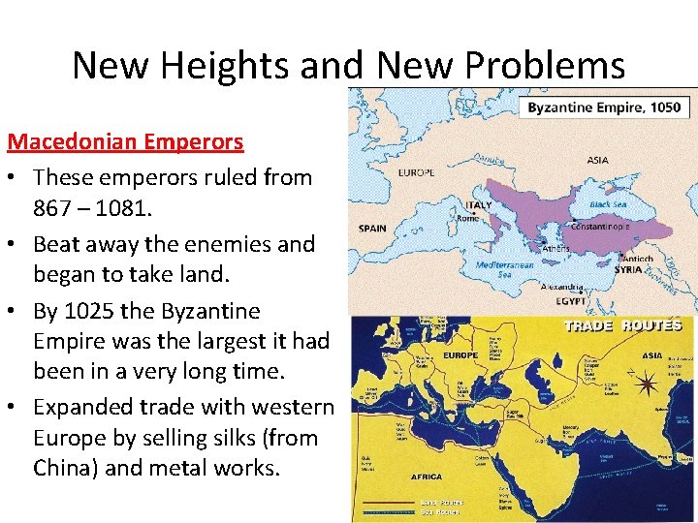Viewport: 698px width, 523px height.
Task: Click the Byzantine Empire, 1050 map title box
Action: tap(604, 108)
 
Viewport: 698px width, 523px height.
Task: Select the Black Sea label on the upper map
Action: tap(608, 204)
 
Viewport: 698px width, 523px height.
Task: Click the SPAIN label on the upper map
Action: tap(371, 229)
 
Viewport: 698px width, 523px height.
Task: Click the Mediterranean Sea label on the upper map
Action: tap(505, 268)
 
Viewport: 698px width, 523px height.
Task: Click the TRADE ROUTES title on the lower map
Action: tap(622, 326)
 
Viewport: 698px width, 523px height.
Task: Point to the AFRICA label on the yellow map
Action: tap(428, 477)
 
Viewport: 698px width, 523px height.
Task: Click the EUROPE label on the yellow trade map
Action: tap(461, 355)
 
